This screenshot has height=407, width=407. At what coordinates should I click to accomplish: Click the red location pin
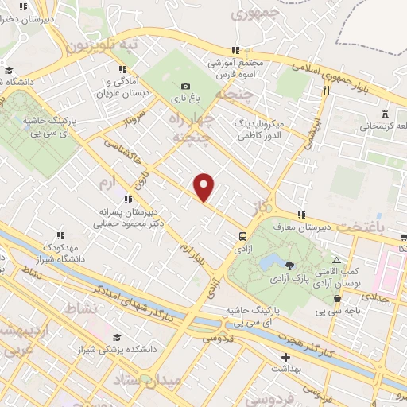point(204,187)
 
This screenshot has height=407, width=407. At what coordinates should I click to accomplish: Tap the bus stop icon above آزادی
point(242,235)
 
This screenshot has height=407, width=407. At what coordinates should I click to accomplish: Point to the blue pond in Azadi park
point(270,262)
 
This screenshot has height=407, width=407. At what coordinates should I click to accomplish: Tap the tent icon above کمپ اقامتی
point(337,260)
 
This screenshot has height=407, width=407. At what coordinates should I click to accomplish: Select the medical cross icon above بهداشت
point(285,357)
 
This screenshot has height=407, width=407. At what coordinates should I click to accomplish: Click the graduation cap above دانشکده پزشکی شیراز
point(117,338)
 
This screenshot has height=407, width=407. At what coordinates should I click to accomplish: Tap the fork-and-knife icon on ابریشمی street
point(325,91)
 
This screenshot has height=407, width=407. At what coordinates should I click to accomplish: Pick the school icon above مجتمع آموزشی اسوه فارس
point(234,49)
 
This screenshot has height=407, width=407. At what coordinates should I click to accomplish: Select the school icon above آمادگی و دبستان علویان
point(122,69)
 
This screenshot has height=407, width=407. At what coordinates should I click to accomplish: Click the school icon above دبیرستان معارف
point(300,215)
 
